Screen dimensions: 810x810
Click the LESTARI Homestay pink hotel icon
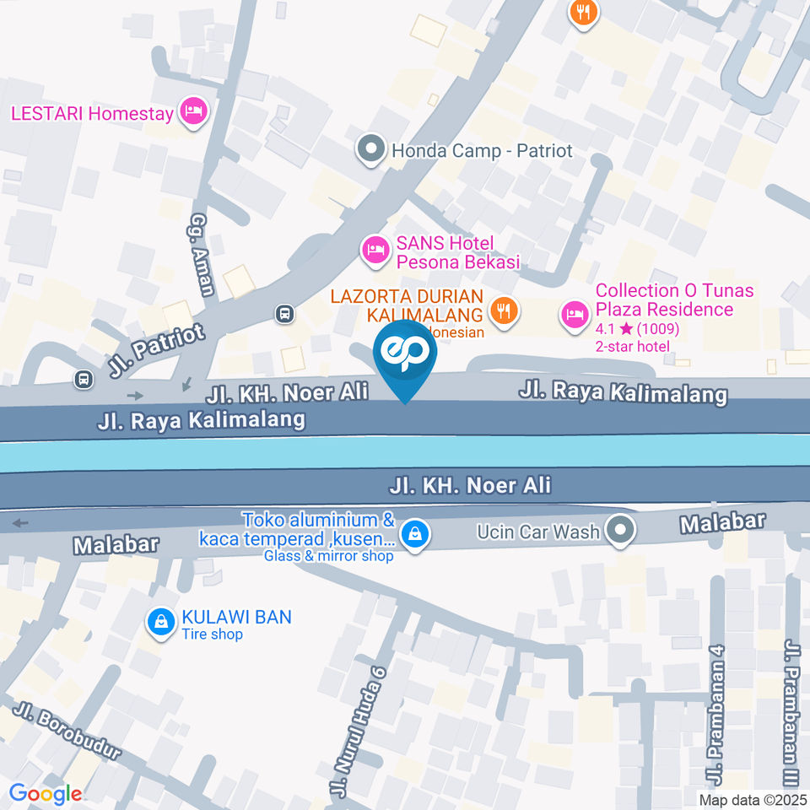[x=195, y=112]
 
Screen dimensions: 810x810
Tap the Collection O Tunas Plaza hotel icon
[x=575, y=316]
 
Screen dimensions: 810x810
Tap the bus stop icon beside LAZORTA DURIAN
[x=285, y=315]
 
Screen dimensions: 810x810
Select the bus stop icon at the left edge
[x=84, y=379]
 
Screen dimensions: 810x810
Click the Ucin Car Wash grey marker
[x=621, y=531]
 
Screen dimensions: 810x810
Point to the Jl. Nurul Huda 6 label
[x=355, y=729]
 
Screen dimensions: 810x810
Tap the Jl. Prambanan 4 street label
[x=718, y=714]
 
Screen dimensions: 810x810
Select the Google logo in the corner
[x=46, y=793]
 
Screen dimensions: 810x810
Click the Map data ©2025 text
[x=752, y=799]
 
